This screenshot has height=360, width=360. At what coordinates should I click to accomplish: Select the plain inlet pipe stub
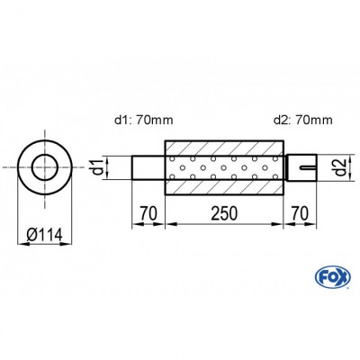click(x=148, y=167)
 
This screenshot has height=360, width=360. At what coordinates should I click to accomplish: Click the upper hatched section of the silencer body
click(x=224, y=147)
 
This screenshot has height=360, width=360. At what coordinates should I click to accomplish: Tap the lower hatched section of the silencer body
click(x=224, y=188)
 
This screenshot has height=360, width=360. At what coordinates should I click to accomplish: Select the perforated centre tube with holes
click(x=224, y=167)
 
